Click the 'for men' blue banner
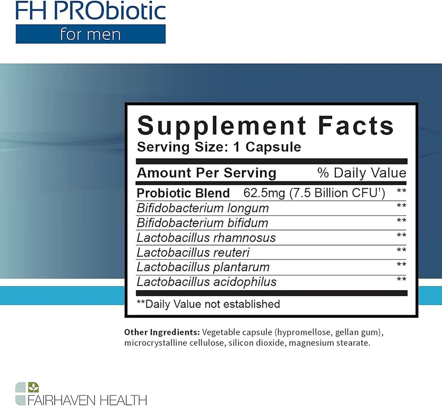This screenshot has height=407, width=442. click(91, 34)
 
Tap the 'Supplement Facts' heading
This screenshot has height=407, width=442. click(265, 126)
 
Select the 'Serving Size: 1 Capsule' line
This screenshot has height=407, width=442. click(219, 147)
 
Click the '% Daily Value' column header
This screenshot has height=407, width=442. click(362, 173)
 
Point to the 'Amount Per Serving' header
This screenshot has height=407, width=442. click(206, 173)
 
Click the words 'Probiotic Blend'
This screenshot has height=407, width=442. click(183, 193)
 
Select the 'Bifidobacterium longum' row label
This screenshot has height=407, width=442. click(202, 208)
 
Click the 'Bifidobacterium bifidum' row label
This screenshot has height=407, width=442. click(202, 223)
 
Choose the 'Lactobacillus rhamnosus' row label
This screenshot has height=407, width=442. click(206, 237)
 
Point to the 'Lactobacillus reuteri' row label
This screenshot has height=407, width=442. click(193, 252)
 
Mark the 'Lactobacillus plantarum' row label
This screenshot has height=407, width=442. click(203, 267)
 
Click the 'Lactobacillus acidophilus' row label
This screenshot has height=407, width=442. click(206, 282)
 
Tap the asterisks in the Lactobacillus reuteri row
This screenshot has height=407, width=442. click(401, 250)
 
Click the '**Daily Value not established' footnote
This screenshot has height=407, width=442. click(208, 304)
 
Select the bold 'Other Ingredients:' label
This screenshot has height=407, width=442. click(162, 332)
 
